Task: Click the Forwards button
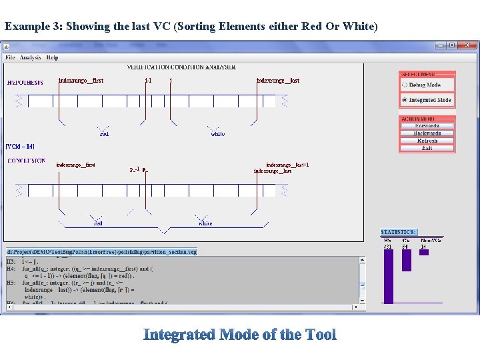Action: pyautogui.click(x=427, y=125)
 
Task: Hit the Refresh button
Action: pyautogui.click(x=427, y=141)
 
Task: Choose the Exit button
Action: pyautogui.click(x=427, y=148)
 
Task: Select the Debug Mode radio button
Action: pyautogui.click(x=405, y=85)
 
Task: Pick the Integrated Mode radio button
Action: pyautogui.click(x=405, y=100)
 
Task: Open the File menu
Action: pyautogui.click(x=10, y=57)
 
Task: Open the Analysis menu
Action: pyautogui.click(x=31, y=57)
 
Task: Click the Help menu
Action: pyautogui.click(x=52, y=57)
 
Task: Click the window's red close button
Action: pyautogui.click(x=469, y=45)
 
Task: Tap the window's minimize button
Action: pyautogui.click(x=441, y=45)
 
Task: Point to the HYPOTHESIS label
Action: pyautogui.click(x=25, y=83)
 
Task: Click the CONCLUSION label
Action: pyautogui.click(x=27, y=161)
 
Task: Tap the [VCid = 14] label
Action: pyautogui.click(x=20, y=146)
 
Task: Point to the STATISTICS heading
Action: pyautogui.click(x=399, y=231)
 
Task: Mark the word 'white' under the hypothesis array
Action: pyautogui.click(x=218, y=134)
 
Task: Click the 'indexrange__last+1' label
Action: pyautogui.click(x=287, y=165)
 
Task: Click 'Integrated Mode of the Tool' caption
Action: pyautogui.click(x=240, y=335)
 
